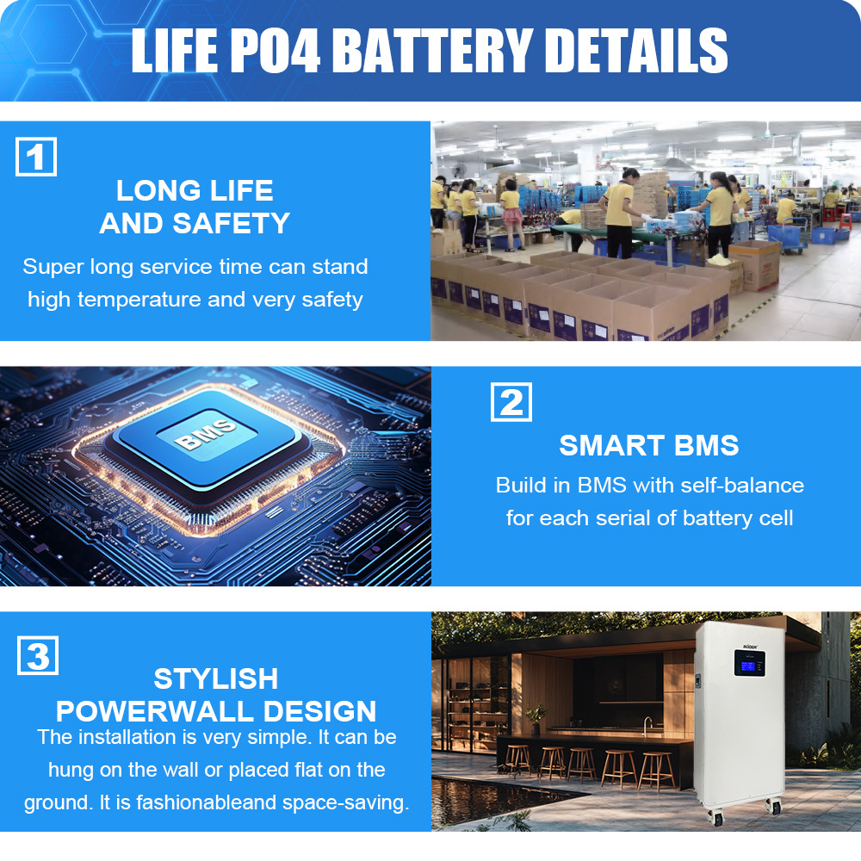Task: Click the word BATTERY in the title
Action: [x=433, y=51]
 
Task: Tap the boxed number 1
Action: [x=36, y=157]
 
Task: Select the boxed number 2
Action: [x=511, y=402]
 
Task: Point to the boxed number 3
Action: [x=38, y=655]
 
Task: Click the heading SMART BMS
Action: [x=649, y=445]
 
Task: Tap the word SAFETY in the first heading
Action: [x=231, y=224]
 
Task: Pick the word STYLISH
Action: [x=216, y=678]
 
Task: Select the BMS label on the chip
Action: [x=206, y=434]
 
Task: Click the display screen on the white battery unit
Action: [x=748, y=666]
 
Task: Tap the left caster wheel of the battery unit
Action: [x=718, y=817]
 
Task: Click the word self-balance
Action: [x=742, y=486]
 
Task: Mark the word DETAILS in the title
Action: [x=636, y=51]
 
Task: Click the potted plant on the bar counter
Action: [x=536, y=718]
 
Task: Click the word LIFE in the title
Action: [x=175, y=51]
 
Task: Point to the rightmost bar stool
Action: [x=657, y=771]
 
